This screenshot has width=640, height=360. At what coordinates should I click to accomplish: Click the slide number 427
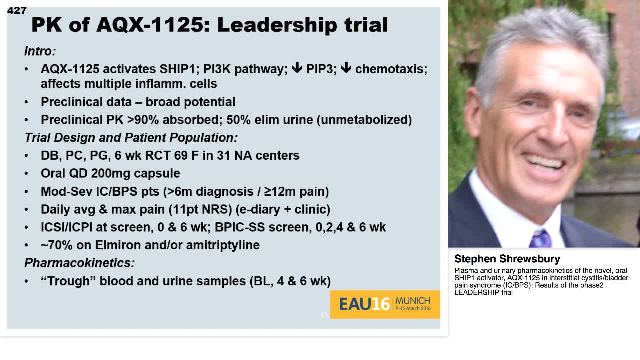point(17,10)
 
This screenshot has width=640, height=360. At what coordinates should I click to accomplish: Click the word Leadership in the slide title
point(278,25)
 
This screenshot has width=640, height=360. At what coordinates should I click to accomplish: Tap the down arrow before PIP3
point(297,67)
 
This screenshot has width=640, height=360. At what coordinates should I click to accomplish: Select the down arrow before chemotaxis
point(346,67)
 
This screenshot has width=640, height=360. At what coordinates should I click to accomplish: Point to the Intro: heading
point(40,51)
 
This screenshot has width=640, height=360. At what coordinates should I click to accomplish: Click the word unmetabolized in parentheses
point(364,120)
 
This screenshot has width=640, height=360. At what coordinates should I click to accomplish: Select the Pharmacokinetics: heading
point(79,263)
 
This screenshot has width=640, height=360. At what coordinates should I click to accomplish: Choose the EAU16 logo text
point(364,304)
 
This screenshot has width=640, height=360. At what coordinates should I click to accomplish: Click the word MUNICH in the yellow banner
point(413,301)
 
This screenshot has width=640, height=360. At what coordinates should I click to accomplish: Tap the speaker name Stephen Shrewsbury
point(507,259)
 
